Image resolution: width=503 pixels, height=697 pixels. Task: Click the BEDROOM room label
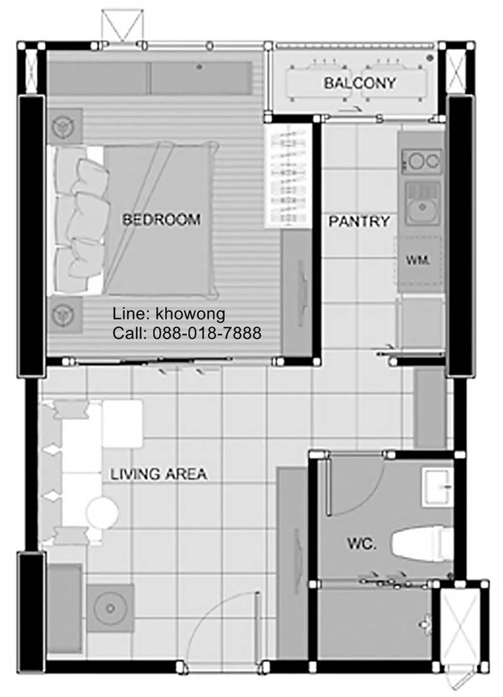pyautogui.click(x=161, y=220)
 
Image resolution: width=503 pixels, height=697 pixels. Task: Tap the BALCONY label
pyautogui.click(x=360, y=83)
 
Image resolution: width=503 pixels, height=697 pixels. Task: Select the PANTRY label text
pyautogui.click(x=359, y=221)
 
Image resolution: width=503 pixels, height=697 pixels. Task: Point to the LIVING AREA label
pyautogui.click(x=158, y=474)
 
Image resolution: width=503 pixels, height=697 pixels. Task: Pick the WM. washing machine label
pyautogui.click(x=418, y=260)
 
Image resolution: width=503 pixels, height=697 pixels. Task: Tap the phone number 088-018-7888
pyautogui.click(x=207, y=333)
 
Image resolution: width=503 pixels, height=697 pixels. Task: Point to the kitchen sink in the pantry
pyautogui.click(x=422, y=203)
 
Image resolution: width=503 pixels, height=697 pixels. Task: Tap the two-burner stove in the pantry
pyautogui.click(x=422, y=161)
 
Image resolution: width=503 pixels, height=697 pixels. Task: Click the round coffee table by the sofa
pyautogui.click(x=102, y=512)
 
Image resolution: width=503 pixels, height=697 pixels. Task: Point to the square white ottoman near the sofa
pyautogui.click(x=122, y=424)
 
